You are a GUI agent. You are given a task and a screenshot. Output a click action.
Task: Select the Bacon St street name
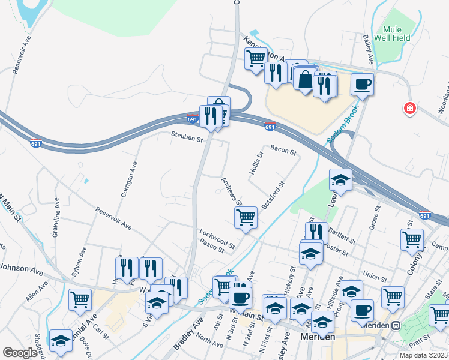(x=283, y=150)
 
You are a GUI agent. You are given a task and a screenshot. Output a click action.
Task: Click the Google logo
(x=20, y=353)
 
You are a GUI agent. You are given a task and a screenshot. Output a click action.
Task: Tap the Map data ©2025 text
(x=424, y=355)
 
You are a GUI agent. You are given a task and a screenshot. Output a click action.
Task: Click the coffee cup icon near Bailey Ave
(x=362, y=84)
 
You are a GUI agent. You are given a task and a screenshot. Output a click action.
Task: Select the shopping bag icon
(x=305, y=79)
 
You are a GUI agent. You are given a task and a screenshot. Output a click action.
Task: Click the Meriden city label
(x=317, y=339)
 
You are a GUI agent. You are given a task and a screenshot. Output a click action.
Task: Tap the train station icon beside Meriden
(x=396, y=326)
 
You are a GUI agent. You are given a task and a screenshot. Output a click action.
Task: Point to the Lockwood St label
(x=217, y=235)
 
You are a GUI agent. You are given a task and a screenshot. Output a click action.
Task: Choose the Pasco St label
(x=211, y=245)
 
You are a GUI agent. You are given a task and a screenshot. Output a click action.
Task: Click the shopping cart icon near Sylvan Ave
(x=80, y=298)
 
